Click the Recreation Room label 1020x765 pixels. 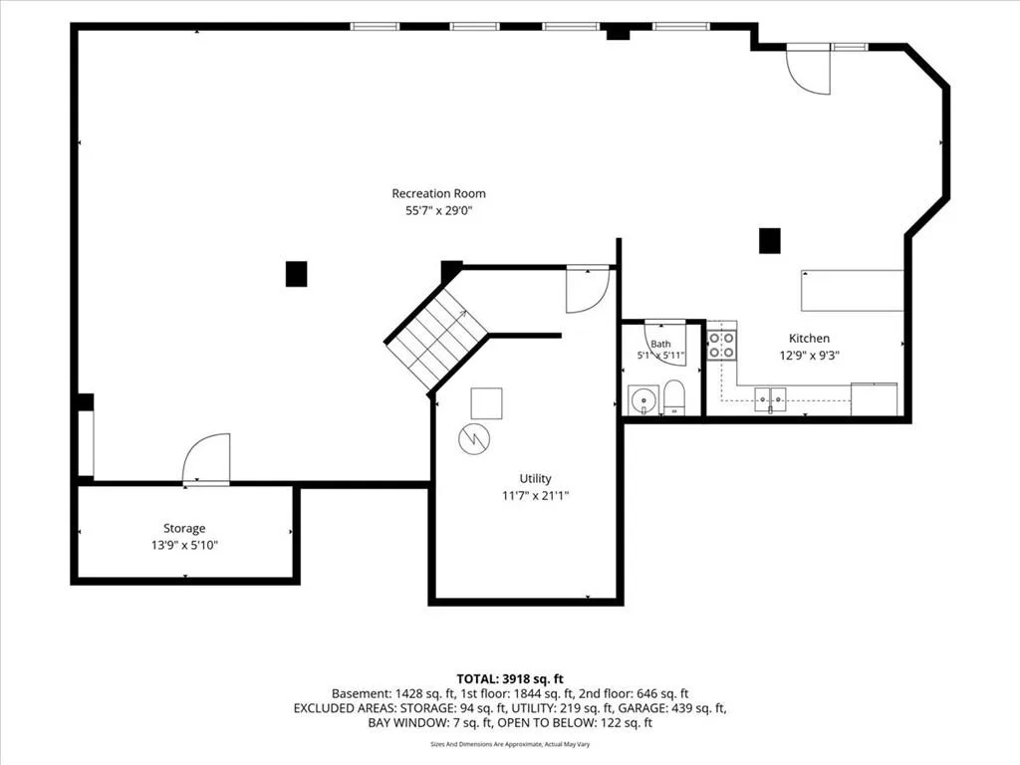point(438,193)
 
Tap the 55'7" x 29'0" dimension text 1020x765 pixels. point(438,211)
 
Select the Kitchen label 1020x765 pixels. point(809,339)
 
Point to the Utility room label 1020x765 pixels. point(535,479)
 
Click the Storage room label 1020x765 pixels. point(184,528)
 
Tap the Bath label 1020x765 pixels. point(660,344)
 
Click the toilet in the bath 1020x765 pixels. point(674,397)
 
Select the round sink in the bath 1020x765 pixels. point(643,399)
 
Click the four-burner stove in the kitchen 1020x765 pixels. point(721,345)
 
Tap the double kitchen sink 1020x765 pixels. point(770,399)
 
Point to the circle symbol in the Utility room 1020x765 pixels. point(474,439)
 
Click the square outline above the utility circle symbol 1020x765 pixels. point(486,403)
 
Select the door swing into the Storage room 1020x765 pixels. point(206,458)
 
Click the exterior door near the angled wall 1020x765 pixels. point(808,71)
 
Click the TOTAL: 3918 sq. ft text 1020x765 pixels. point(510,679)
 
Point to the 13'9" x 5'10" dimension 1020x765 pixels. point(184,545)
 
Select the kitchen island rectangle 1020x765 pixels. point(852,291)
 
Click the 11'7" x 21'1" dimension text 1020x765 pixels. point(535,496)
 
